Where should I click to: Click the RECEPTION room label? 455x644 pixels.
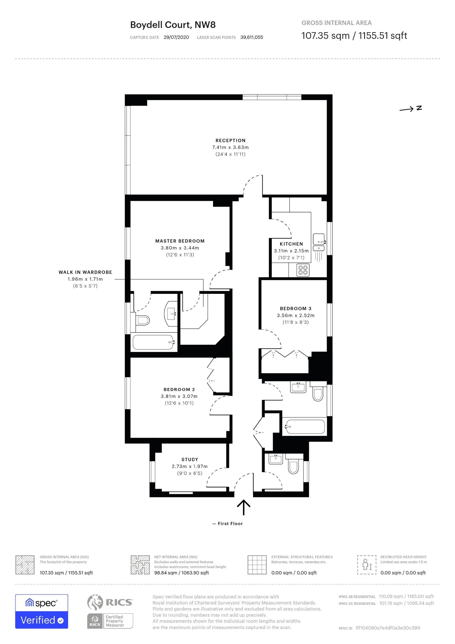pos(230,141)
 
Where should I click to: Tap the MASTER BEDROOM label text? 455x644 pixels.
pos(180,241)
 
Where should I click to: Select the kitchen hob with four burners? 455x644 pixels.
pos(303,270)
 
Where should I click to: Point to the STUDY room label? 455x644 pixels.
pos(190,459)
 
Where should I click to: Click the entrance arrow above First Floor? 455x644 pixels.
pos(244,507)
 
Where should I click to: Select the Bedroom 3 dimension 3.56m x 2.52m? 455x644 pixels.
pos(296,315)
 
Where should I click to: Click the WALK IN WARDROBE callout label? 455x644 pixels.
pos(85,272)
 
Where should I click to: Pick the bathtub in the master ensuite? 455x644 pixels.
pos(153,342)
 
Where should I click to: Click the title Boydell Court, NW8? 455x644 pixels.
pos(173,25)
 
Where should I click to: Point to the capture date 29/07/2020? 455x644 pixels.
pos(176,37)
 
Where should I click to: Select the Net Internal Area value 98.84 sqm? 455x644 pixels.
pos(166,573)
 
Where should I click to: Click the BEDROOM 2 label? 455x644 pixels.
pos(179,389)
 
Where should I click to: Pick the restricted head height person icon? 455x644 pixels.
pos(367,565)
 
